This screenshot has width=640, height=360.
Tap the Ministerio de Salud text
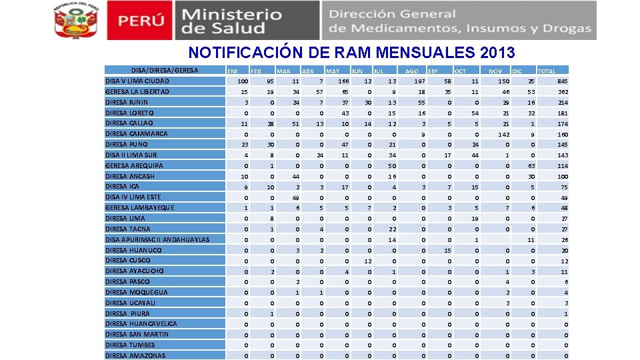(x=232, y=21)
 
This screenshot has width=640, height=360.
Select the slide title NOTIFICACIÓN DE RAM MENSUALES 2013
(x=351, y=52)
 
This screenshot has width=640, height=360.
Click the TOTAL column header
(x=547, y=71)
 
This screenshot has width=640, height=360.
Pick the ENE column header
(x=233, y=71)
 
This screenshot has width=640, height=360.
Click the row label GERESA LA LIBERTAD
(x=137, y=91)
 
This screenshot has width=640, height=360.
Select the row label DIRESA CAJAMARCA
(x=137, y=133)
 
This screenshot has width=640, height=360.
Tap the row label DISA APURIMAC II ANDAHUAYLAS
(x=157, y=239)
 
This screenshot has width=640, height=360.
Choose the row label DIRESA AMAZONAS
(x=135, y=355)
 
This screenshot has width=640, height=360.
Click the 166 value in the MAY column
(x=343, y=81)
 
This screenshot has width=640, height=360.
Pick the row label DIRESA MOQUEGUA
(x=137, y=292)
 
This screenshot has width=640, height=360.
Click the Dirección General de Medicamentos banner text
(x=460, y=21)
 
